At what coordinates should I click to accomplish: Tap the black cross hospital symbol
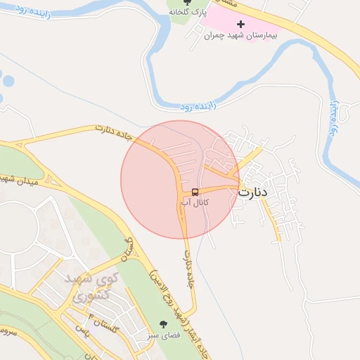240,25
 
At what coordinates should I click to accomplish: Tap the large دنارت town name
254,191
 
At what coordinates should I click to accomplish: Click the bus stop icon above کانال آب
195,191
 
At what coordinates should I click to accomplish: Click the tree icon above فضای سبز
164,324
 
